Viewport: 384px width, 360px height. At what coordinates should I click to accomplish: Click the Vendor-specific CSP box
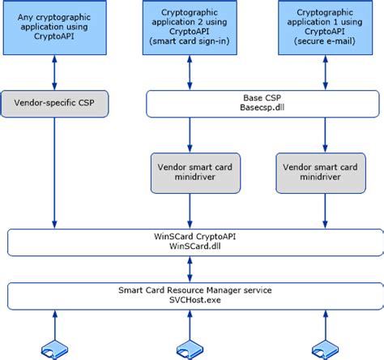pos(54,104)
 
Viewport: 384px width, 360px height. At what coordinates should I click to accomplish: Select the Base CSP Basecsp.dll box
pos(262,104)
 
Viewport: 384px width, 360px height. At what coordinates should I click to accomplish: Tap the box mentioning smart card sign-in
pos(190,28)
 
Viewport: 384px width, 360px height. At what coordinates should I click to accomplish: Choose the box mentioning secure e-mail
pos(326,28)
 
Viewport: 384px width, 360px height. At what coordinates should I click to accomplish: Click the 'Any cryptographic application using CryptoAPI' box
pos(54,28)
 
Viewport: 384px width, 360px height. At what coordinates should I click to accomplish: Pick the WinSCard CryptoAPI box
pos(195,242)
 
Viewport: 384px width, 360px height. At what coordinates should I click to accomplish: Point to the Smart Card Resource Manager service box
pos(195,296)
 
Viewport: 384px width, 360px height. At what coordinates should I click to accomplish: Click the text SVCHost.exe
pos(195,300)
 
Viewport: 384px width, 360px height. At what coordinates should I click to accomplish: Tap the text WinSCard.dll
pos(195,246)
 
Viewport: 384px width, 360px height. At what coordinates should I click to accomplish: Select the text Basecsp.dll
pos(262,108)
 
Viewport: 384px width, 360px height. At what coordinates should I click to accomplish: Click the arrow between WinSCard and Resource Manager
pos(190,269)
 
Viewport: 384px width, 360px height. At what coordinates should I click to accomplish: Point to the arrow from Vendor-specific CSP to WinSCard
pos(54,173)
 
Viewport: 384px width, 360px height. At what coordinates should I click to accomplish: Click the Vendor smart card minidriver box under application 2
pos(195,174)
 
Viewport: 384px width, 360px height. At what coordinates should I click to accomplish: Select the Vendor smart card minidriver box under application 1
pos(321,174)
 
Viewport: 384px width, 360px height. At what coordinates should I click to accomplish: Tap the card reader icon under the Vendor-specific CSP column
pos(55,350)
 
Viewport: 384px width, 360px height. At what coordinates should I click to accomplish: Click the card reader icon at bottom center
pos(190,350)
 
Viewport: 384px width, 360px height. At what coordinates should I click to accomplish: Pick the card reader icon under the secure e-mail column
pos(326,350)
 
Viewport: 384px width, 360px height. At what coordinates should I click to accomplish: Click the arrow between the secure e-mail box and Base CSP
pos(326,72)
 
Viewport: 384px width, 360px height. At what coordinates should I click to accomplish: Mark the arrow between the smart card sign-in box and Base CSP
pos(190,72)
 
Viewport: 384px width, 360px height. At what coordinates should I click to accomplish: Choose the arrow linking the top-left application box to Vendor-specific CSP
pos(54,72)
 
